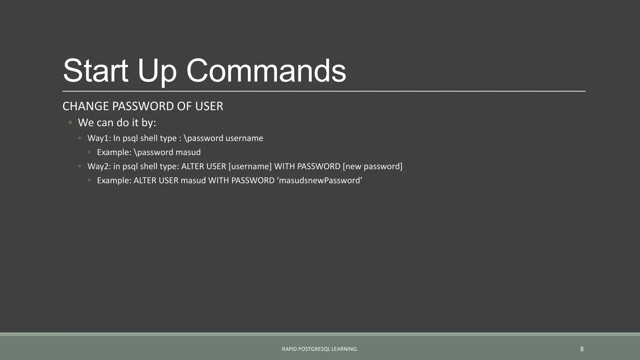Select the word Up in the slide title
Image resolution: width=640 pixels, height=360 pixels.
coord(157,71)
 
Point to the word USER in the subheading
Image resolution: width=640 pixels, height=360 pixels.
coord(209,106)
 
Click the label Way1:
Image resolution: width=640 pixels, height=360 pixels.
coord(99,138)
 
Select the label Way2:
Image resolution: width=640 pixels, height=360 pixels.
coord(99,166)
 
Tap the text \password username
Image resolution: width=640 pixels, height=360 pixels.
coord(223,138)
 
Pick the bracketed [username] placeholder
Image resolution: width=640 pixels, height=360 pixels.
coord(250,166)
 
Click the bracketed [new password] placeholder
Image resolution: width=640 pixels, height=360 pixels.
coord(372,166)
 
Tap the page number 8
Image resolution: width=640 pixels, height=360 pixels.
coord(582,349)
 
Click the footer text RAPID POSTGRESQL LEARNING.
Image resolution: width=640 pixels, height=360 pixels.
coord(320,349)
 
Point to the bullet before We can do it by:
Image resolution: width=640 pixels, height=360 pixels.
coord(70,122)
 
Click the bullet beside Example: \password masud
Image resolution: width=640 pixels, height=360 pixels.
coord(89,152)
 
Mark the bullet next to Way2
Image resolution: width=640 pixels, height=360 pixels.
coord(80,166)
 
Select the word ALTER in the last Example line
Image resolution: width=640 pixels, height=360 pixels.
coord(145,180)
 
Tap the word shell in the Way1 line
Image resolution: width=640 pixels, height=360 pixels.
coord(149,138)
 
